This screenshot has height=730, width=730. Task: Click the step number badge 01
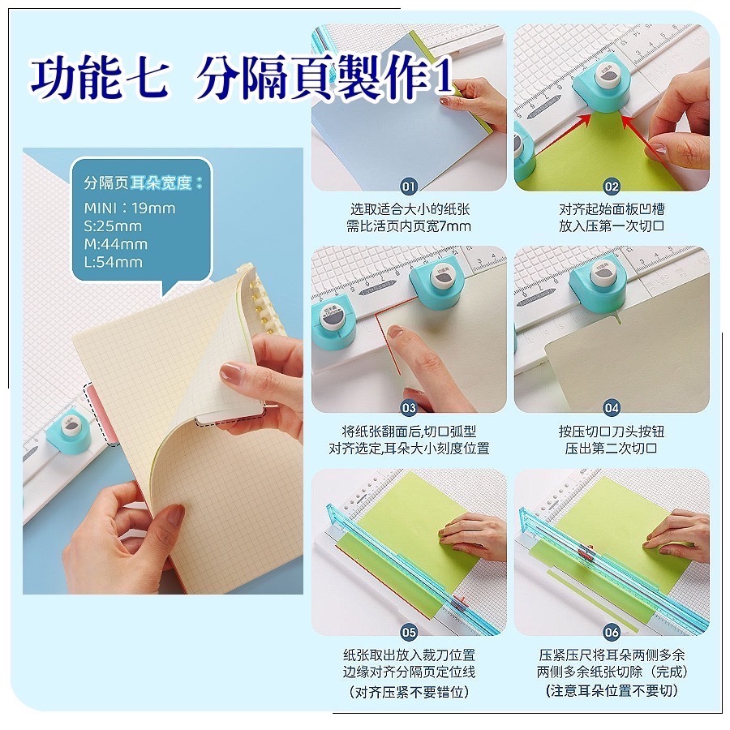point(408,187)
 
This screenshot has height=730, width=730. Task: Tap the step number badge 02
point(612,187)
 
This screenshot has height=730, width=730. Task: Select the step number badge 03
point(408,408)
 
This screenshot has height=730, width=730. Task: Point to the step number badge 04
point(612,408)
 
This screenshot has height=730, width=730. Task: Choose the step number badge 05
point(408,632)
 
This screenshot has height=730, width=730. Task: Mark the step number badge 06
point(612,632)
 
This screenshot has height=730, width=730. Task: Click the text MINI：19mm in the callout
point(130,208)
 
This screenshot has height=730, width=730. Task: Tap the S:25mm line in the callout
point(113,226)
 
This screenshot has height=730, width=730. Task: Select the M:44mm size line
point(115,244)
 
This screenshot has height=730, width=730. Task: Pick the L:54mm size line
point(113,262)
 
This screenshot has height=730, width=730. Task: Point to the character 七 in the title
point(146,78)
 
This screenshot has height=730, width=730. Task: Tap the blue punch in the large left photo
point(68,432)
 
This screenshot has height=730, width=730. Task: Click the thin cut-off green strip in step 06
point(591,600)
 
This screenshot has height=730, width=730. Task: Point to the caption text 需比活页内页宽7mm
point(408,227)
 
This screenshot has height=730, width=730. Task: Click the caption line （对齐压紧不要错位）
point(408,693)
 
